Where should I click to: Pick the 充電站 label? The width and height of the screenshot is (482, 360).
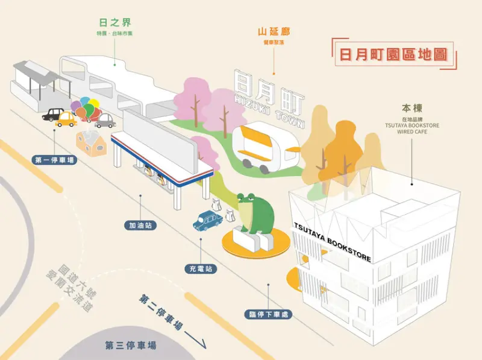[201, 268]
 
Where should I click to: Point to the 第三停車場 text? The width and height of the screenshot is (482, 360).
[131, 346]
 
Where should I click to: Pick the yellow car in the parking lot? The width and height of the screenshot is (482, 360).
[67, 120]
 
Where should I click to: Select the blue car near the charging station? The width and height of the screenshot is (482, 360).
[207, 219]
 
